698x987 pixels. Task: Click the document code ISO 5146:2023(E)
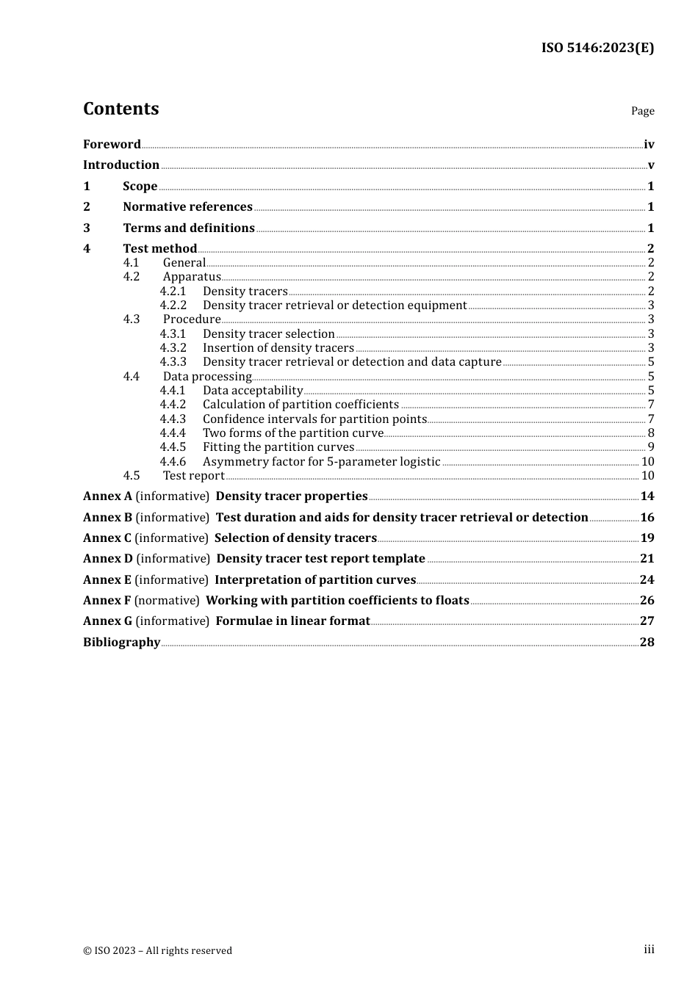click(x=597, y=48)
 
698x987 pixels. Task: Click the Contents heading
click(x=120, y=109)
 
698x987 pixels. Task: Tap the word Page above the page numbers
click(x=642, y=111)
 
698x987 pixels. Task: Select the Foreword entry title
click(x=112, y=145)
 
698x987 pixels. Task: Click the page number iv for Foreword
click(x=649, y=145)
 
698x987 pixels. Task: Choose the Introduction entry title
click(x=121, y=165)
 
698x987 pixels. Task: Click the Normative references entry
click(x=187, y=207)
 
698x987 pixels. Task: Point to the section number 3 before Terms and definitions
click(x=87, y=228)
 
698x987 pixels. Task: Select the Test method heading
click(x=159, y=249)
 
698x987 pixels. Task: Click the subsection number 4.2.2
click(x=173, y=305)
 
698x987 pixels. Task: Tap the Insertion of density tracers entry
click(x=278, y=348)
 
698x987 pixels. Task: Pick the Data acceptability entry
click(x=253, y=391)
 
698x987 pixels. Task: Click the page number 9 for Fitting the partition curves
click(x=650, y=447)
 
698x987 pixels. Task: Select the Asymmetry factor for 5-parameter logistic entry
click(x=321, y=462)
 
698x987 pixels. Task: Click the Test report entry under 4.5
click(x=193, y=476)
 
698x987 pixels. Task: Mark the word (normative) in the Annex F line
click(x=167, y=601)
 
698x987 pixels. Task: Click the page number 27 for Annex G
click(x=647, y=621)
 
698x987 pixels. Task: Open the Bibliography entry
click(x=121, y=643)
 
